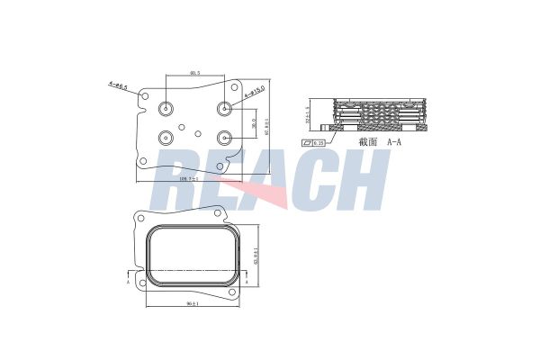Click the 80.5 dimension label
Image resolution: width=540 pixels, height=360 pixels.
coord(194,73)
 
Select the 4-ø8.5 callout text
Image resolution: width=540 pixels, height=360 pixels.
coord(118,86)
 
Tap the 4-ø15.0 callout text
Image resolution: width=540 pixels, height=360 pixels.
coord(253,94)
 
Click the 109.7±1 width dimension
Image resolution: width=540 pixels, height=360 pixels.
coord(190,182)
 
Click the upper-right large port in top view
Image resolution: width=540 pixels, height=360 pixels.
coord(224,108)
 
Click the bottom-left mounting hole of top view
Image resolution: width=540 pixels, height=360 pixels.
coord(143,161)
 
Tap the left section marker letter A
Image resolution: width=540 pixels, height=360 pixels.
coord(128,281)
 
